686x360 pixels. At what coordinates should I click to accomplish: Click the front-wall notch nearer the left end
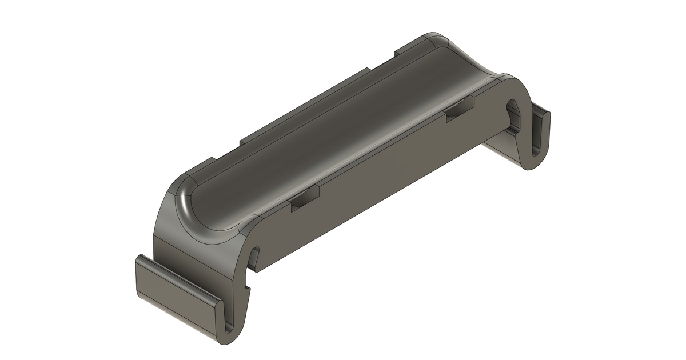pos(305,199)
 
